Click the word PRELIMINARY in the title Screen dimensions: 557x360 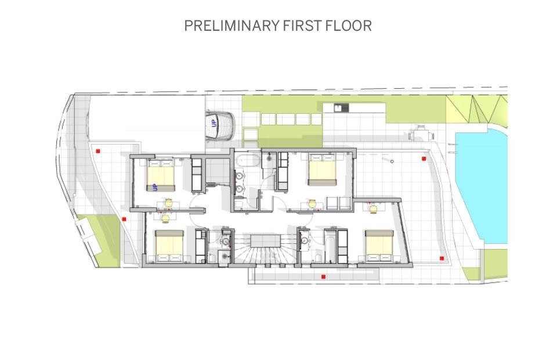click(x=232, y=26)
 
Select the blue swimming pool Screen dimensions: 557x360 click(x=482, y=186)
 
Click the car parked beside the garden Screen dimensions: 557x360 click(x=220, y=126)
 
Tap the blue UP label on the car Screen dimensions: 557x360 click(x=214, y=123)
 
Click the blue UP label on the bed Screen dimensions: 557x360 click(x=154, y=187)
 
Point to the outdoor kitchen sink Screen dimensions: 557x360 click(x=341, y=107)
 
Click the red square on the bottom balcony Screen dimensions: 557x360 click(x=323, y=276)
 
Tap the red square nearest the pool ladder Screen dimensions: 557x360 click(x=424, y=159)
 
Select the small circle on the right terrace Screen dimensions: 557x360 click(x=392, y=161)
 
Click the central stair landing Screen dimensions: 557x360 click(x=266, y=240)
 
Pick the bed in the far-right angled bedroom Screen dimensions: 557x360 click(x=379, y=246)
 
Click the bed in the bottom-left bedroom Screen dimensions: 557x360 click(x=169, y=246)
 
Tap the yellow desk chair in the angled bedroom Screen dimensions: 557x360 click(x=373, y=209)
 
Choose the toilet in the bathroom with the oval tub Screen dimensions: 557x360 click(x=238, y=204)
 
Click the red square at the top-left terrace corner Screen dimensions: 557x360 click(x=98, y=151)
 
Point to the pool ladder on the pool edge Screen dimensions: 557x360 click(x=453, y=148)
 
